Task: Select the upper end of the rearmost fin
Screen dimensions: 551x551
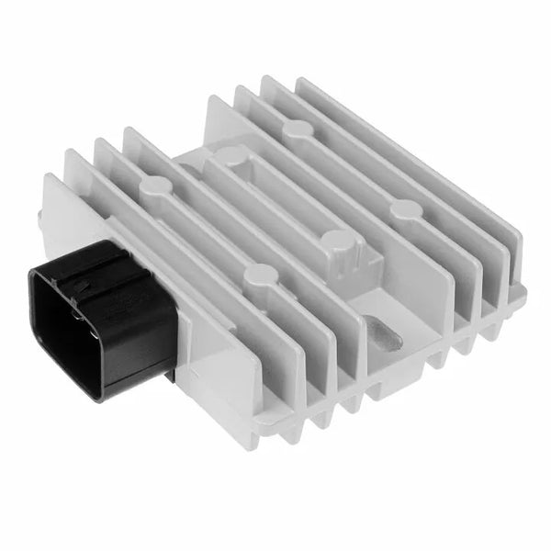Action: click(x=303, y=81)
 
